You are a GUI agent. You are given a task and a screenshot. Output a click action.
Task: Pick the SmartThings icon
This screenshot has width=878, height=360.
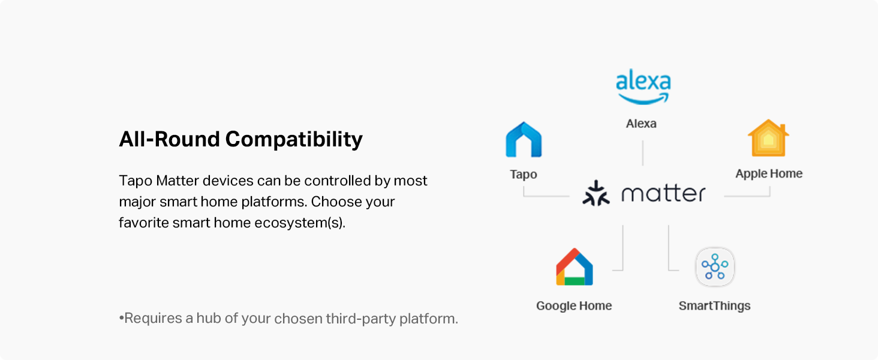tap(715, 267)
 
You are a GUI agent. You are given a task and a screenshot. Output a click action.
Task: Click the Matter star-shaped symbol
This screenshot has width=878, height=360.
tap(596, 193)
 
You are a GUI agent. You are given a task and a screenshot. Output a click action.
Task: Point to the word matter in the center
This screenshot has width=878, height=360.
tap(663, 193)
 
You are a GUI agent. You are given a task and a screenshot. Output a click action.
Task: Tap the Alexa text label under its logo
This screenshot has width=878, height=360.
tap(641, 124)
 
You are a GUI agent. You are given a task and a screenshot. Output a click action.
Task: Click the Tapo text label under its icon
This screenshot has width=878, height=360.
tap(524, 175)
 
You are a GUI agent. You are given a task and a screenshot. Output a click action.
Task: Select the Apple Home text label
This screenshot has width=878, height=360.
tap(769, 174)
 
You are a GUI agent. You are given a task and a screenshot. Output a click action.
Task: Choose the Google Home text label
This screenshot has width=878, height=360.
tap(574, 306)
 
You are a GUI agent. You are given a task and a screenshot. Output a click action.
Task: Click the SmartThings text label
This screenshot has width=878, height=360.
tap(714, 306)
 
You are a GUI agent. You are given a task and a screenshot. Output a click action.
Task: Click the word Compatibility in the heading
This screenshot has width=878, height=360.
tap(294, 139)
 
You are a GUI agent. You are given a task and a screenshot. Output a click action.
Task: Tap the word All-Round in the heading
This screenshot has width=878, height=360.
tap(170, 139)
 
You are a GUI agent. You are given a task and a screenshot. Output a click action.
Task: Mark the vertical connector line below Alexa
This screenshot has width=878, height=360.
tap(643, 153)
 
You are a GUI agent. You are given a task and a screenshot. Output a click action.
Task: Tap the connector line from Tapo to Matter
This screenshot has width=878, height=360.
tap(546, 196)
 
